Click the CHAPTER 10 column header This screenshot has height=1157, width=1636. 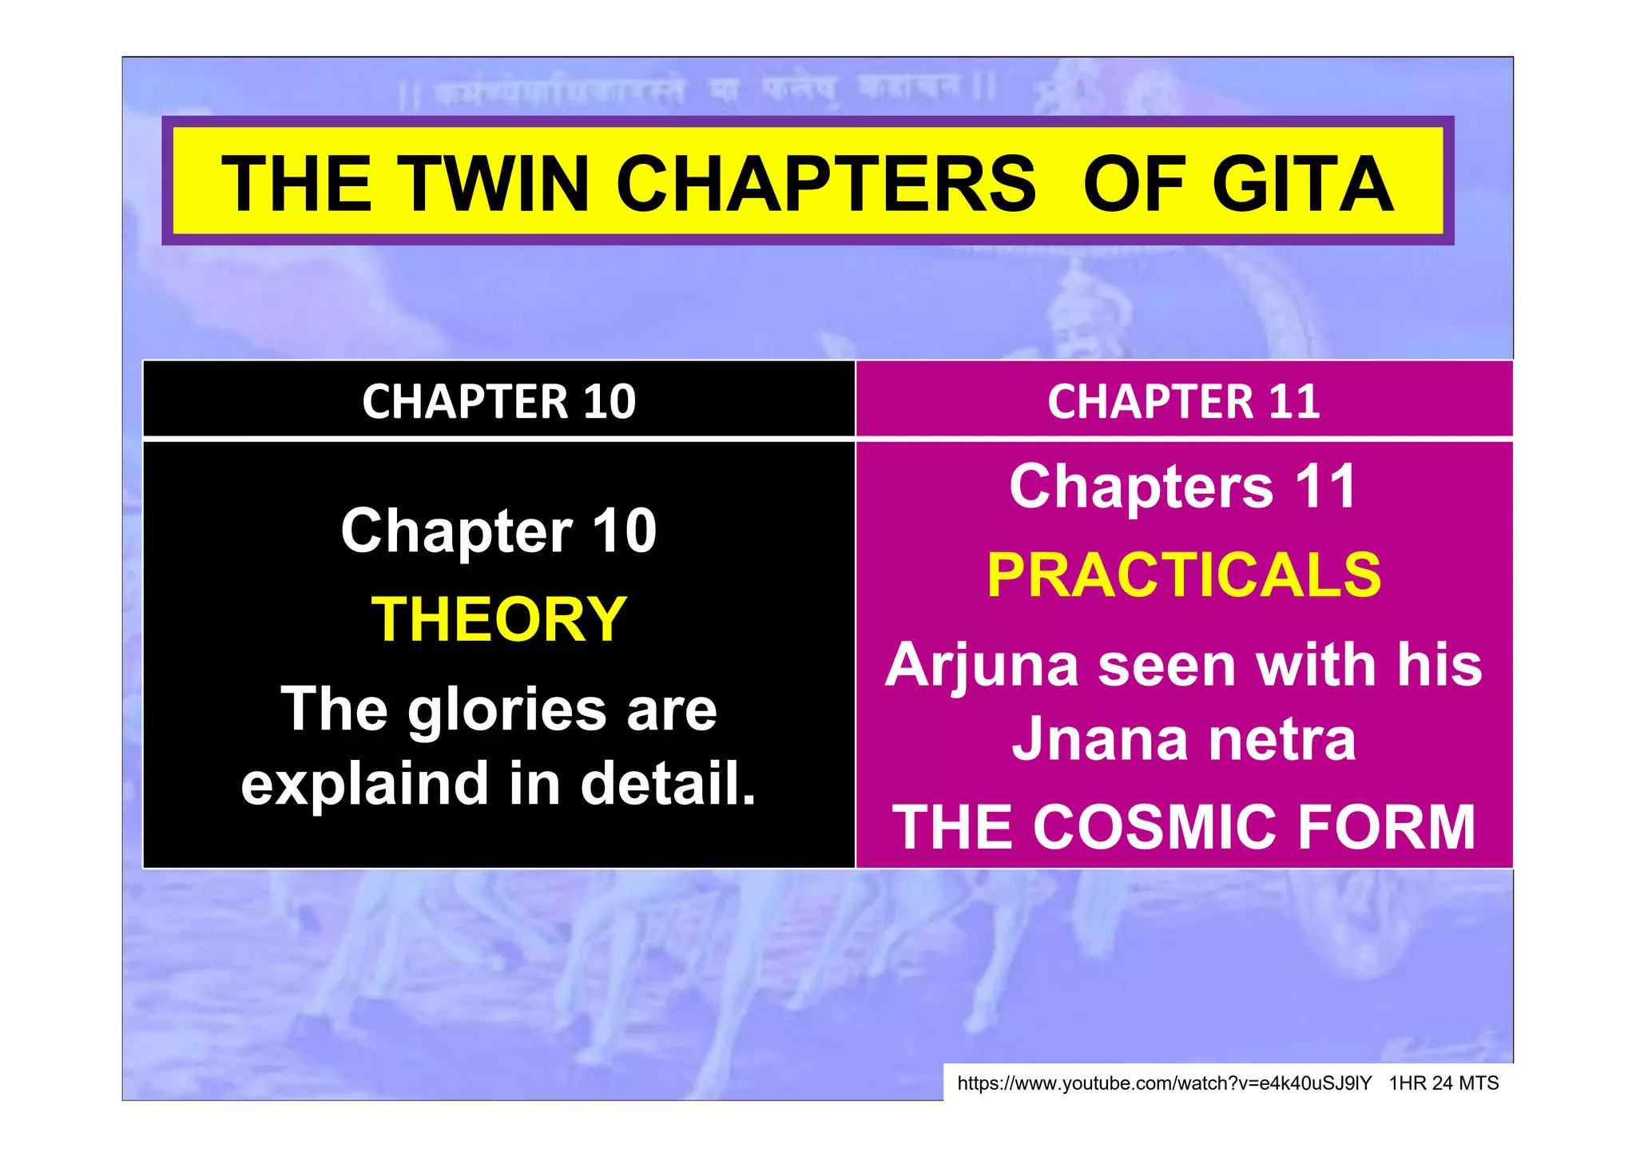(498, 401)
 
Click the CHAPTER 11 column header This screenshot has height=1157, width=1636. (1183, 401)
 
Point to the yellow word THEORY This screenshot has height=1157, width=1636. (499, 619)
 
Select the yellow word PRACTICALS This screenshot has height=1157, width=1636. (1184, 575)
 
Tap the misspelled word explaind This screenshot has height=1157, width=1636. (366, 785)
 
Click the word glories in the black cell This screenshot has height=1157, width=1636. (507, 710)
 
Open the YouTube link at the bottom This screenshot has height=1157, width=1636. (1164, 1083)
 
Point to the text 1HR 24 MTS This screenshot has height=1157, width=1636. (1443, 1083)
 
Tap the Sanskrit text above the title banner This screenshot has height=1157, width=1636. (695, 92)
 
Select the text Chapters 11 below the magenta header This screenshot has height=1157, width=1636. (1183, 487)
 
